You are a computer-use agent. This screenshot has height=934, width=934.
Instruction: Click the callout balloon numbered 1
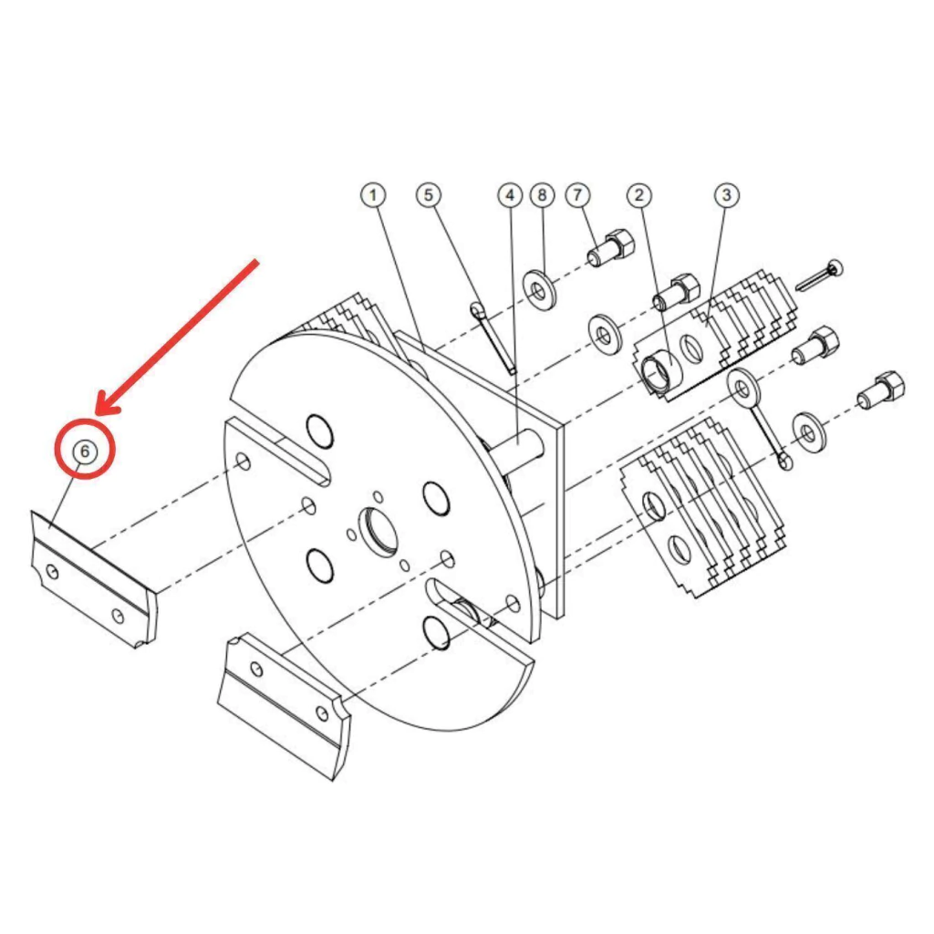pyautogui.click(x=373, y=195)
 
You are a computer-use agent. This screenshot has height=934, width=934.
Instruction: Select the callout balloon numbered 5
pyautogui.click(x=429, y=195)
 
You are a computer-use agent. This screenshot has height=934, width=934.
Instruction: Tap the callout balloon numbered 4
pyautogui.click(x=510, y=195)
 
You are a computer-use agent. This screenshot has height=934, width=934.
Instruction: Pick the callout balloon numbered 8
pyautogui.click(x=542, y=195)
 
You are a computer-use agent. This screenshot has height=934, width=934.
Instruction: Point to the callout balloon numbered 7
pyautogui.click(x=577, y=195)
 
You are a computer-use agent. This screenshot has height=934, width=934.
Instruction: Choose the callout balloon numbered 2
pyautogui.click(x=639, y=195)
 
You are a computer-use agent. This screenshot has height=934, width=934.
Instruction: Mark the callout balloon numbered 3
pyautogui.click(x=727, y=195)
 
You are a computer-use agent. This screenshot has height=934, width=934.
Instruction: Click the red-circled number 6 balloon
pyautogui.click(x=84, y=451)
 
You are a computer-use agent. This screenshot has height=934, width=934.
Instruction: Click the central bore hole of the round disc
pyautogui.click(x=377, y=528)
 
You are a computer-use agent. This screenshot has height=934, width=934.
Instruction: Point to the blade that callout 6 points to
pyautogui.click(x=94, y=577)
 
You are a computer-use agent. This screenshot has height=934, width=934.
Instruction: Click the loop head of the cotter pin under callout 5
pyautogui.click(x=477, y=310)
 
